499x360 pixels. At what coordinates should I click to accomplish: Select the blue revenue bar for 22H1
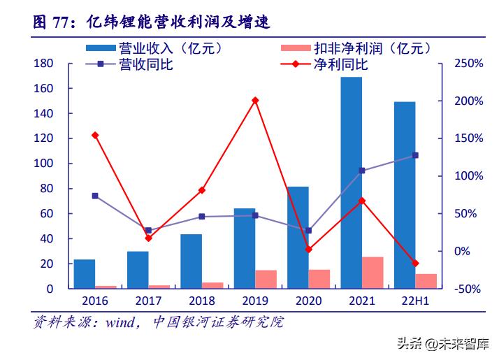404,195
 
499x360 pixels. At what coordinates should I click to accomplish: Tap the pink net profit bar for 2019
266,279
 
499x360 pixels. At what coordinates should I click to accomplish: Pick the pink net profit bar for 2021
373,273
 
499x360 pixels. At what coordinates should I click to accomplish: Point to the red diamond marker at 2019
255,101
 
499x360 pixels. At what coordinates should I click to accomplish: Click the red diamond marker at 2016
95,135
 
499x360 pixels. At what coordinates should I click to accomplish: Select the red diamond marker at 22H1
415,263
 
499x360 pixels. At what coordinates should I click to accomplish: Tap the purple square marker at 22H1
415,155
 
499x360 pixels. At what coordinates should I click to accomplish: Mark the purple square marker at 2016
95,196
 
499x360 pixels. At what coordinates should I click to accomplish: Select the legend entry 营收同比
133,65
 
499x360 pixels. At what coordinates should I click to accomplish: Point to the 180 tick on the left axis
45,64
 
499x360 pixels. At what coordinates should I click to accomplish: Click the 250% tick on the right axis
468,64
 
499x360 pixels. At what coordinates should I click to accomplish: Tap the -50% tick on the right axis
468,289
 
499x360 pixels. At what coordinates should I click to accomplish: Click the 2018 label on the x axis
201,302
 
